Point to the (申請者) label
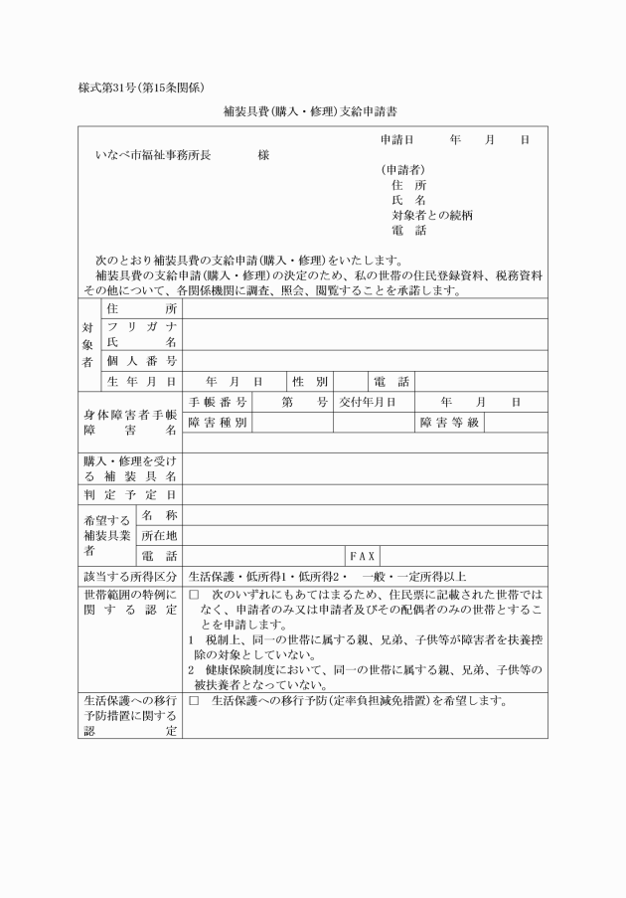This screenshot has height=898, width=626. pyautogui.click(x=402, y=170)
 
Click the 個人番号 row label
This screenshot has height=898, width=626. pyautogui.click(x=142, y=360)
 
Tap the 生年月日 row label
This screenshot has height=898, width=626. pyautogui.click(x=142, y=381)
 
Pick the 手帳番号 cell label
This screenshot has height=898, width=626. pyautogui.click(x=217, y=402)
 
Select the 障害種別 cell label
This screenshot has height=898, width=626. pyautogui.click(x=217, y=423)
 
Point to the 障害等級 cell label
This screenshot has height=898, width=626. pyautogui.click(x=449, y=423)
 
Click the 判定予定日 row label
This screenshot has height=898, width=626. pyautogui.click(x=130, y=494)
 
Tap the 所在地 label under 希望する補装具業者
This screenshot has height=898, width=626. pyautogui.click(x=159, y=535)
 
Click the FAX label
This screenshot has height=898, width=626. pyautogui.click(x=361, y=556)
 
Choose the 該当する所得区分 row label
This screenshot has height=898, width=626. pyautogui.click(x=130, y=577)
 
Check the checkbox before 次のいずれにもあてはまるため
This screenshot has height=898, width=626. pyautogui.click(x=195, y=595)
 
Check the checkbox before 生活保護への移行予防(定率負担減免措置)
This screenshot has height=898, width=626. pyautogui.click(x=195, y=701)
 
